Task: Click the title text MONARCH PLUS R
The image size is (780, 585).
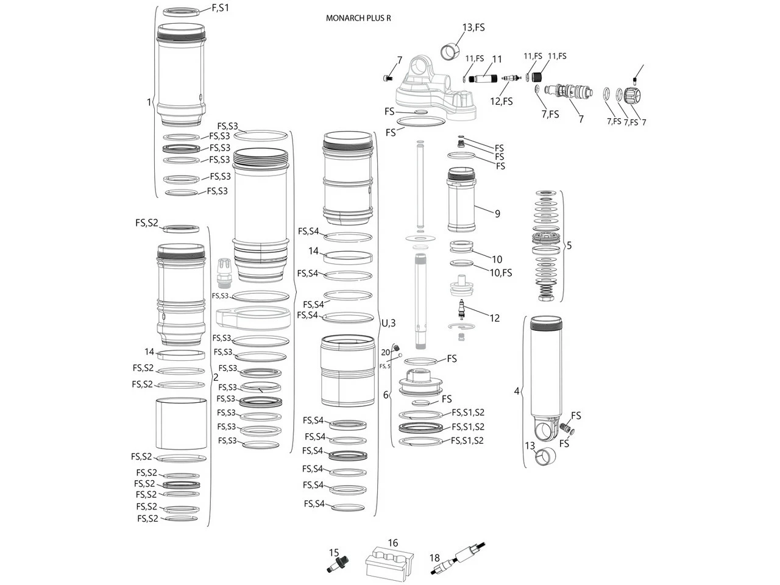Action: coord(358,18)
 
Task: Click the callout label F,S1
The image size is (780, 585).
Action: coord(221,8)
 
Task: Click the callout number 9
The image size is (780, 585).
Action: coord(497,213)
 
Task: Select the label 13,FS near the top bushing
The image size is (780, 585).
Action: coord(473,27)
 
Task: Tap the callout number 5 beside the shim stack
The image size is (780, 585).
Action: coord(569,246)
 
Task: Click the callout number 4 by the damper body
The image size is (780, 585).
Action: coord(517,391)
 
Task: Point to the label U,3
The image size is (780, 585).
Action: coord(389,322)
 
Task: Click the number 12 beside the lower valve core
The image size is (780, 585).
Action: coord(494,317)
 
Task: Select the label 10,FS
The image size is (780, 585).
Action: coord(501,272)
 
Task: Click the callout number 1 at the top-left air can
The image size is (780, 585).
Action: coord(148,102)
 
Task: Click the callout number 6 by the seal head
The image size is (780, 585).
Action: coord(385,395)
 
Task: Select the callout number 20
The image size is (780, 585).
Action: coord(385,352)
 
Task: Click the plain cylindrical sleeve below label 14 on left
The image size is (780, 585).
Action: coord(180,424)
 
